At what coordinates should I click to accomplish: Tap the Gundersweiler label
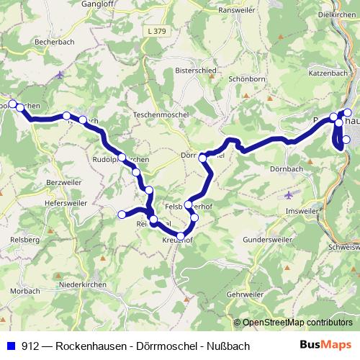(266, 238)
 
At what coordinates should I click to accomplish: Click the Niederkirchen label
(83, 286)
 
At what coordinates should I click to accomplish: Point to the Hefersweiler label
(30, 204)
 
